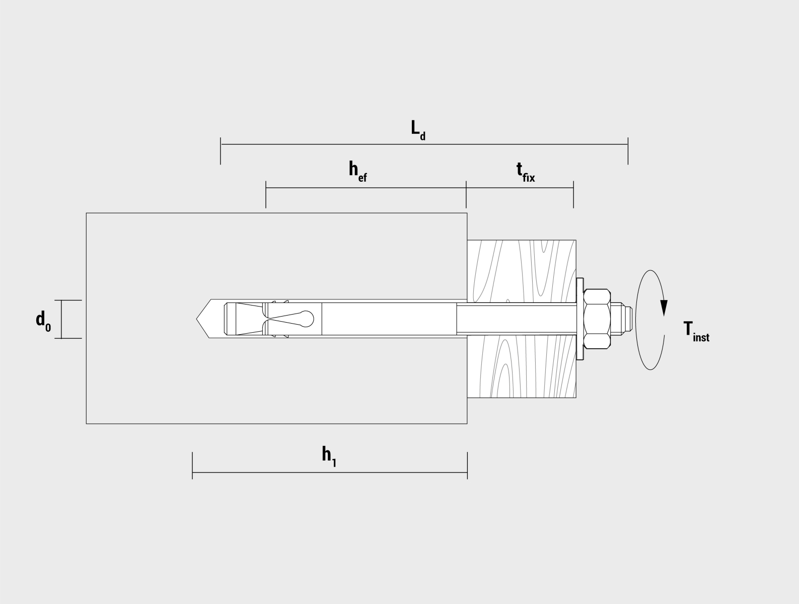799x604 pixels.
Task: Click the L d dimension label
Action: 418,130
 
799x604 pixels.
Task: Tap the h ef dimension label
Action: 358,171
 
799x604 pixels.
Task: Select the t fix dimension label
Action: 526,171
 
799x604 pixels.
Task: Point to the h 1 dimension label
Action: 329,457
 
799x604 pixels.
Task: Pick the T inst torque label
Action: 696,332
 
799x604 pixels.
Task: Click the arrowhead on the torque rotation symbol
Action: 664,308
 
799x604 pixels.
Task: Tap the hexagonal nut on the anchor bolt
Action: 597,319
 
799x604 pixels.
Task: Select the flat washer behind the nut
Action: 580,319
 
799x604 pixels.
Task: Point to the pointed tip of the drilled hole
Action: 197,319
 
